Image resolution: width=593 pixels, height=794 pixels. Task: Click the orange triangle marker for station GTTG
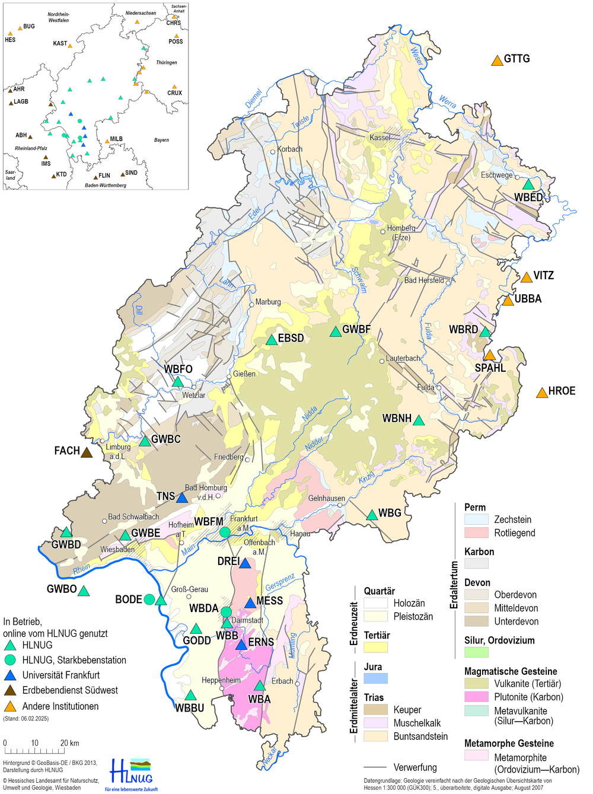(x=497, y=60)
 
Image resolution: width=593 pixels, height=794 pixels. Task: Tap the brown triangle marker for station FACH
(x=87, y=452)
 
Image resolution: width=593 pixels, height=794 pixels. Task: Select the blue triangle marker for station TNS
(x=182, y=498)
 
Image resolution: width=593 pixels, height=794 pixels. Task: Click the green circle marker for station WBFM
(x=225, y=532)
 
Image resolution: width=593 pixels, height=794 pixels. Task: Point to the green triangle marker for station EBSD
(x=272, y=340)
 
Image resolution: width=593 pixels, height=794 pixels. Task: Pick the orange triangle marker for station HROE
(x=542, y=393)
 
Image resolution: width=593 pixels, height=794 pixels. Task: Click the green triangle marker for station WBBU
(x=190, y=695)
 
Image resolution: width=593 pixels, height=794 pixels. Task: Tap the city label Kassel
(x=380, y=138)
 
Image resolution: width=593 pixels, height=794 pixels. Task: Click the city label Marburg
(x=268, y=302)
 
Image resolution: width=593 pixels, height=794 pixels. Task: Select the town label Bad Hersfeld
(x=423, y=280)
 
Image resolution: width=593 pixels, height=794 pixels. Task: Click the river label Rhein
(x=82, y=569)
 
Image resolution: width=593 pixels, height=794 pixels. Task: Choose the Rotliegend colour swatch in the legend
(x=476, y=532)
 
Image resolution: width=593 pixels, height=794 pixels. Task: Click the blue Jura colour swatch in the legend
(x=375, y=678)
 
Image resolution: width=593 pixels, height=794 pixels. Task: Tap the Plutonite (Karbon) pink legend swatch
(x=476, y=697)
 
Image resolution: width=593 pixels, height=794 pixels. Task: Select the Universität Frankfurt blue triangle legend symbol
(x=10, y=675)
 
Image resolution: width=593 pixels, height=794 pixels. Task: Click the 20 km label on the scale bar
(x=69, y=743)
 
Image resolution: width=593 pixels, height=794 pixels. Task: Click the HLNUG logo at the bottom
(x=132, y=774)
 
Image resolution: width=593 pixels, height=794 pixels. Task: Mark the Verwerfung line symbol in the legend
(x=375, y=767)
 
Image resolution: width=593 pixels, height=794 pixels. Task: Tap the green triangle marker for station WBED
(x=528, y=184)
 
